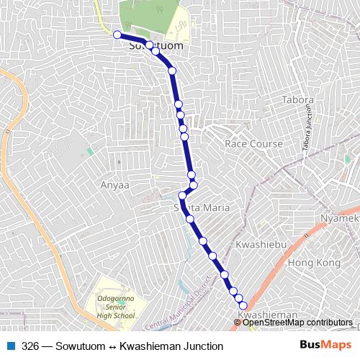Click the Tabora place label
tap(298, 100)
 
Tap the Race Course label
tap(253, 144)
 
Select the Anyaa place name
tap(114, 185)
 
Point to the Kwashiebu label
tap(261, 246)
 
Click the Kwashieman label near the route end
tap(267, 315)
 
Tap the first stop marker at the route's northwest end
tap(117, 34)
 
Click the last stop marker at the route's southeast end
tap(243, 305)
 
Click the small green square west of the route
tap(90, 151)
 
